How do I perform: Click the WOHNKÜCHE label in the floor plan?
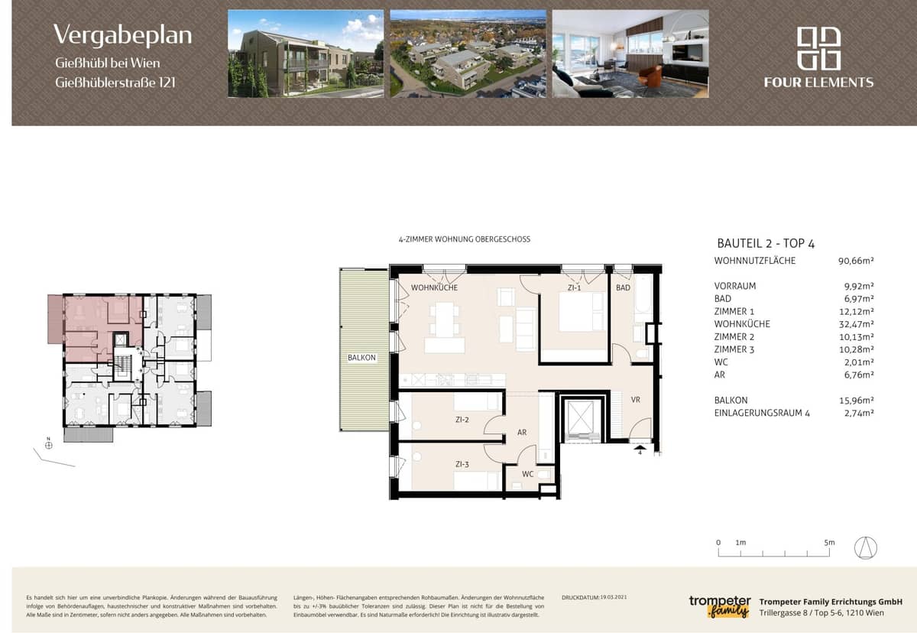(x=434, y=288)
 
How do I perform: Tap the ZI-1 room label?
(x=574, y=288)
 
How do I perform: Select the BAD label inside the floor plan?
(x=624, y=288)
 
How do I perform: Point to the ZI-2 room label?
(x=462, y=420)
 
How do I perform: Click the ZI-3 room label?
(x=462, y=463)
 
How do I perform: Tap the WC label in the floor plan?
(x=528, y=474)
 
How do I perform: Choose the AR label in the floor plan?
(x=522, y=433)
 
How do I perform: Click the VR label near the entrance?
(x=635, y=400)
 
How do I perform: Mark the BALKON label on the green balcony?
(x=362, y=358)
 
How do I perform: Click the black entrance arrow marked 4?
(x=640, y=450)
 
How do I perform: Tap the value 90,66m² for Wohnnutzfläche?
(x=856, y=261)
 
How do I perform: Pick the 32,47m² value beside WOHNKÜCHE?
(x=856, y=324)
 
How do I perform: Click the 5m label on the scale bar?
(x=830, y=542)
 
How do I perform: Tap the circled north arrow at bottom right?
(x=866, y=547)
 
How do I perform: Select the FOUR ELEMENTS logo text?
(x=818, y=83)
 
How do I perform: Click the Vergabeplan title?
(x=122, y=34)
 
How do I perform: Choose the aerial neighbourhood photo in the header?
(x=468, y=54)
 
